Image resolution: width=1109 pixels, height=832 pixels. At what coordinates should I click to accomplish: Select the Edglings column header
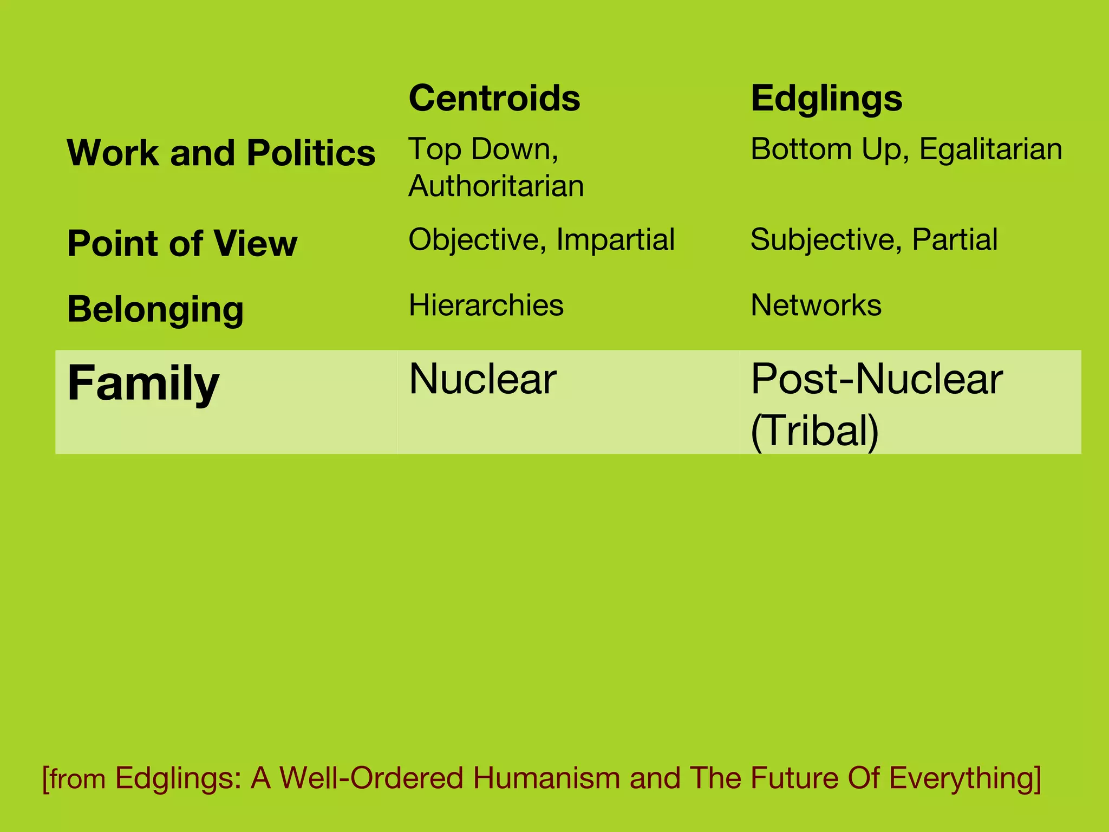[826, 99]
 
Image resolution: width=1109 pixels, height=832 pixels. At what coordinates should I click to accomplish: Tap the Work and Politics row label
[221, 153]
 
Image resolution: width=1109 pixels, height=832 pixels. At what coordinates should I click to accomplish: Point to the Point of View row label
[182, 243]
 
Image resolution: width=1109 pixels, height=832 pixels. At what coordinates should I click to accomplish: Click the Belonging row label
[155, 309]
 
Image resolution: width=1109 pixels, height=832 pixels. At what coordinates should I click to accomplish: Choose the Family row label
[143, 383]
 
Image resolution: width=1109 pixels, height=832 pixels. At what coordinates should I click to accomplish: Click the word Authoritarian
[496, 186]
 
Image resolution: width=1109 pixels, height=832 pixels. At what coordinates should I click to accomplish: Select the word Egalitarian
[990, 149]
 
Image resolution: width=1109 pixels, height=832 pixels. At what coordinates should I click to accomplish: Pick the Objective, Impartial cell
[542, 239]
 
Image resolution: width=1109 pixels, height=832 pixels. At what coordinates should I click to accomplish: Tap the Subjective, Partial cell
[873, 239]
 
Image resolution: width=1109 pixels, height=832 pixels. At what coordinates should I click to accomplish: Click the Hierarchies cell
[486, 305]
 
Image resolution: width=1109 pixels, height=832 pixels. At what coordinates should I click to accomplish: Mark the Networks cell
[816, 305]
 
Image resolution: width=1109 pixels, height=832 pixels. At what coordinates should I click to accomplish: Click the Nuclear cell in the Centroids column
[482, 379]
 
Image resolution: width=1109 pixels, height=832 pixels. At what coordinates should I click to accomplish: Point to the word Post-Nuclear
[877, 379]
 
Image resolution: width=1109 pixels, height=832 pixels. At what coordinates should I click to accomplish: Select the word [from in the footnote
[74, 779]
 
